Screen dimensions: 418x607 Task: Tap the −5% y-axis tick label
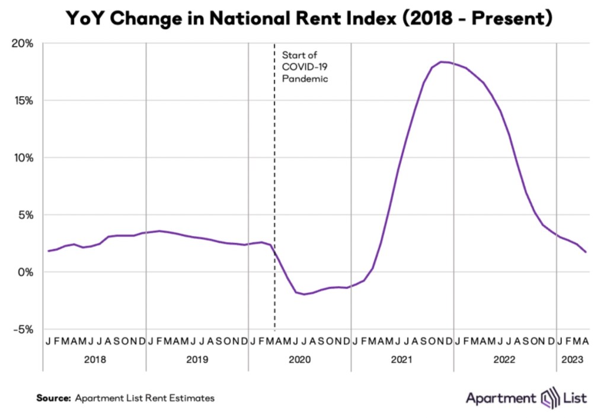point(23,329)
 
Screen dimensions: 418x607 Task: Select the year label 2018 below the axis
point(95,360)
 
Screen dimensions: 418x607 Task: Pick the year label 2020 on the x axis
point(299,360)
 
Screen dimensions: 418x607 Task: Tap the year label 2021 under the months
point(402,360)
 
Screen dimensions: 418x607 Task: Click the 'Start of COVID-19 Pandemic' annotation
point(305,66)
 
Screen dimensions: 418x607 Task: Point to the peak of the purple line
point(442,62)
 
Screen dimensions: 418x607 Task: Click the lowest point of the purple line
point(305,294)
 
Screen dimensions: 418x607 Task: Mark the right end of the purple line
point(586,253)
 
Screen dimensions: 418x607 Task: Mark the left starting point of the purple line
point(49,251)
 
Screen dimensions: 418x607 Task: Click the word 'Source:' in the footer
point(53,398)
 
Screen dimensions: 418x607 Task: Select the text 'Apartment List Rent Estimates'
point(145,398)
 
